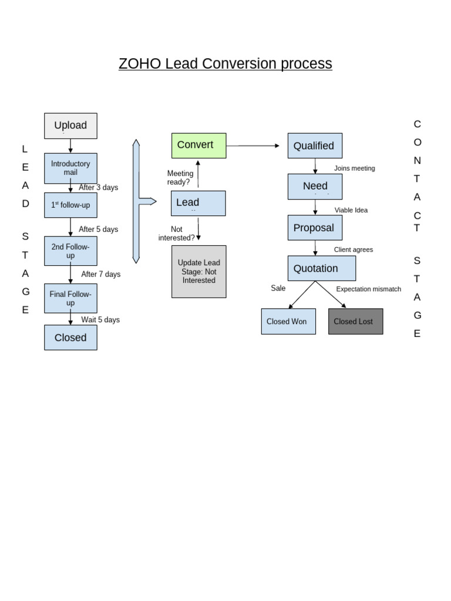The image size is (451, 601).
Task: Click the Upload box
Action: (x=70, y=126)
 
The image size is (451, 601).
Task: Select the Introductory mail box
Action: (x=70, y=168)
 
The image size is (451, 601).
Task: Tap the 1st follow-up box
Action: (x=70, y=205)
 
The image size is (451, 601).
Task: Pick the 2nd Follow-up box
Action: (x=70, y=251)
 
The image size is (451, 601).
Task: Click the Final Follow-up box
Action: (x=70, y=298)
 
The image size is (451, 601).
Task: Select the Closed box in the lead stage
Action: (x=70, y=337)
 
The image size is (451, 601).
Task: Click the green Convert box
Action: (x=198, y=145)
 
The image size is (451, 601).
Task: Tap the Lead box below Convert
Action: (x=198, y=203)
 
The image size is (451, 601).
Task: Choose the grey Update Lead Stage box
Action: (x=198, y=271)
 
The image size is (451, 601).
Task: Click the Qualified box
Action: (x=315, y=146)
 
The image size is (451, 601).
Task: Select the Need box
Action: (x=315, y=186)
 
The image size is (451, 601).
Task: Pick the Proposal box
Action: (x=315, y=228)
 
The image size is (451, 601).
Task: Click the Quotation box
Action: (x=321, y=268)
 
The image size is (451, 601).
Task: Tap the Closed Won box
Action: (x=288, y=322)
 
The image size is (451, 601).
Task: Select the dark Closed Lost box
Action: (x=355, y=322)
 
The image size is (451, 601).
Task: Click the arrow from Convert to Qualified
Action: (x=253, y=146)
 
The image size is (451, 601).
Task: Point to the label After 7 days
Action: (x=100, y=274)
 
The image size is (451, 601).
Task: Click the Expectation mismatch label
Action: (x=368, y=289)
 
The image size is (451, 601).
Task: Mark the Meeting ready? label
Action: (x=180, y=177)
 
